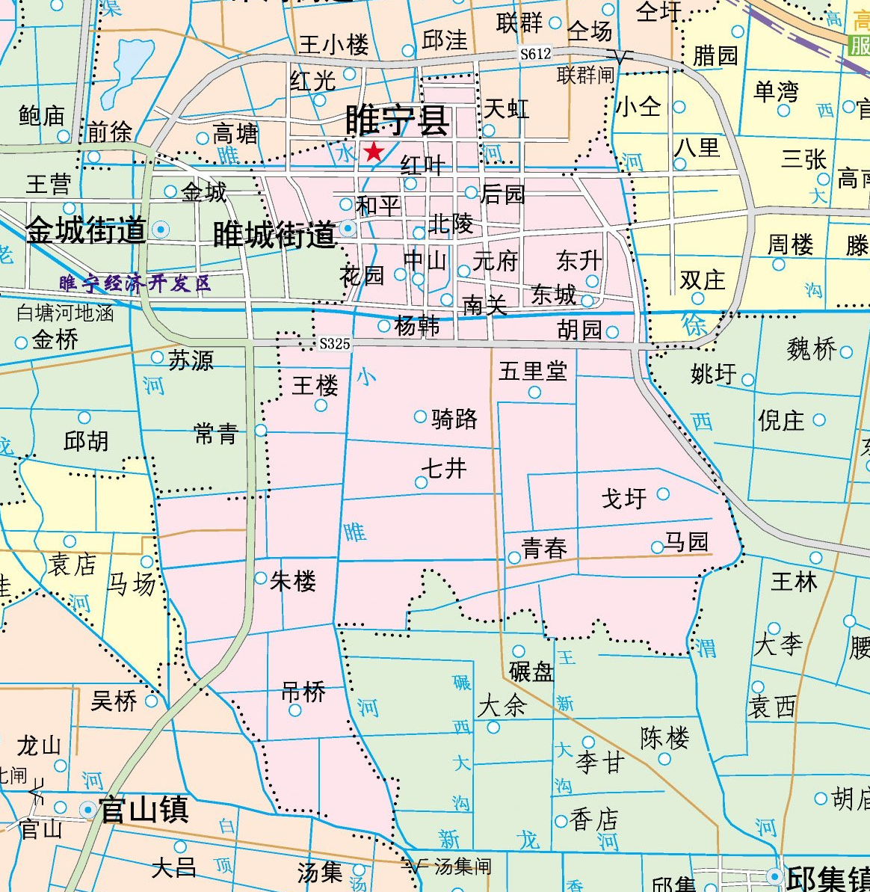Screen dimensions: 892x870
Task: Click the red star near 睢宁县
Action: click(373, 153)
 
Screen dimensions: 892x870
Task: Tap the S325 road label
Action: click(334, 344)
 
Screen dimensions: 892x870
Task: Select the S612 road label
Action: click(535, 54)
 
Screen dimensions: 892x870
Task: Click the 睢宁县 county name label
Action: click(398, 120)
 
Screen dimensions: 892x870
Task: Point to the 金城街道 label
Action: click(86, 231)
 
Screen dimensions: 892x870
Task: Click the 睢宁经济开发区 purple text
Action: click(135, 283)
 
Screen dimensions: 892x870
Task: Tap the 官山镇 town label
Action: click(144, 810)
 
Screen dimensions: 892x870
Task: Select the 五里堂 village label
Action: click(533, 371)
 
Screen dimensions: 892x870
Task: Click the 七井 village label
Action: click(443, 469)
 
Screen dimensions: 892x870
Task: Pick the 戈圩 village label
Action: click(624, 498)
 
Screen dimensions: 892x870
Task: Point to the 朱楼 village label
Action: click(293, 581)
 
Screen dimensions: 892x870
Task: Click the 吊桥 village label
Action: click(303, 692)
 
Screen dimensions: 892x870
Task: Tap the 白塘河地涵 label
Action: click(65, 313)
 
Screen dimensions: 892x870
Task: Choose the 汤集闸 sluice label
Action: click(463, 867)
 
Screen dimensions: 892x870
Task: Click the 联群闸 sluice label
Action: click(585, 75)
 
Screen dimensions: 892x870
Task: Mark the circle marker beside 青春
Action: click(514, 558)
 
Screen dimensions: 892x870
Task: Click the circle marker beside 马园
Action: click(657, 547)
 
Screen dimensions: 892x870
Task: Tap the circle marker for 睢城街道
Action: click(348, 228)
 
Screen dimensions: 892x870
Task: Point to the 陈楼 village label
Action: click(664, 739)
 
